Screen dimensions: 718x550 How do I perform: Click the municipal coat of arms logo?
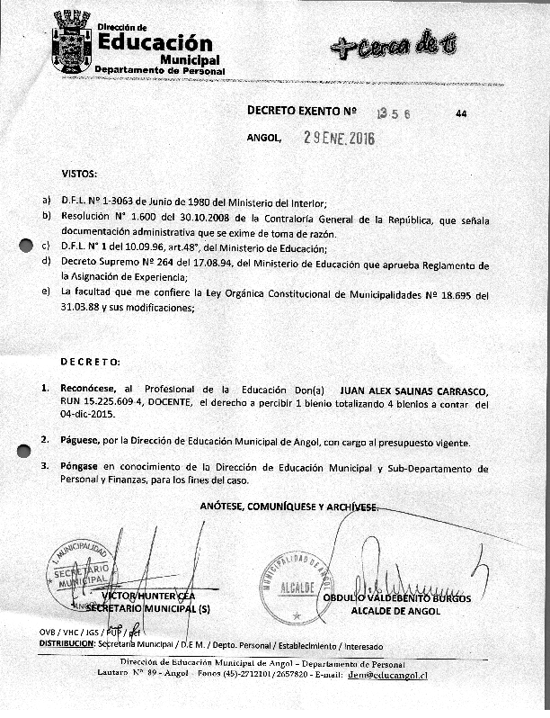pyautogui.click(x=72, y=42)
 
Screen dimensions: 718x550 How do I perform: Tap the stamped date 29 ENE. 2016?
pyautogui.click(x=339, y=139)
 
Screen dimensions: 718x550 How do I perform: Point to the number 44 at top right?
pyautogui.click(x=461, y=114)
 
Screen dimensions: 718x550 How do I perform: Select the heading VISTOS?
pyautogui.click(x=79, y=172)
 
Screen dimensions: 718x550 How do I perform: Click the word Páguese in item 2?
pyautogui.click(x=80, y=443)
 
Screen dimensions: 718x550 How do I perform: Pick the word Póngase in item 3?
pyautogui.click(x=80, y=468)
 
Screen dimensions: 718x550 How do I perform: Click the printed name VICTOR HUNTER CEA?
pyautogui.click(x=148, y=596)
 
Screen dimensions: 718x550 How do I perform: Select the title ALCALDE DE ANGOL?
pyautogui.click(x=396, y=611)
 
